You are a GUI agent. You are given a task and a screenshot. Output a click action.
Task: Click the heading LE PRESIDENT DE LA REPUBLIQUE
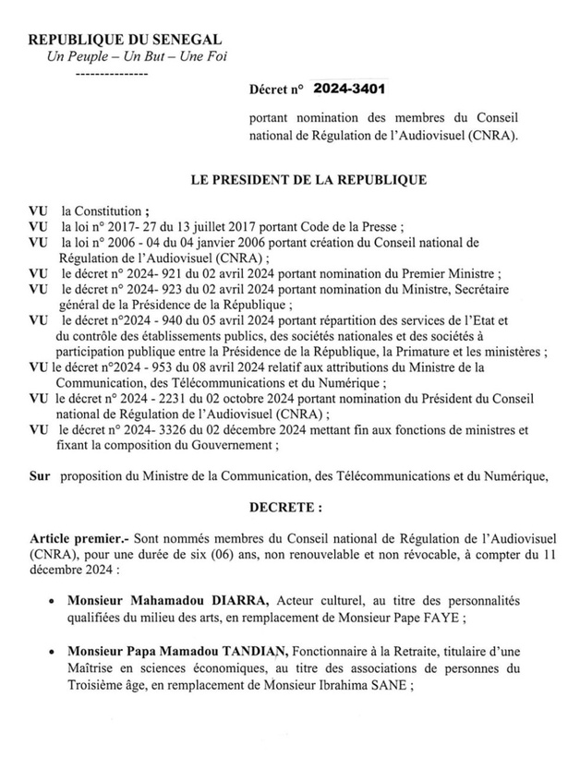[308, 180]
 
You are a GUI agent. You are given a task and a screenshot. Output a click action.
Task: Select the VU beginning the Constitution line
[38, 210]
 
